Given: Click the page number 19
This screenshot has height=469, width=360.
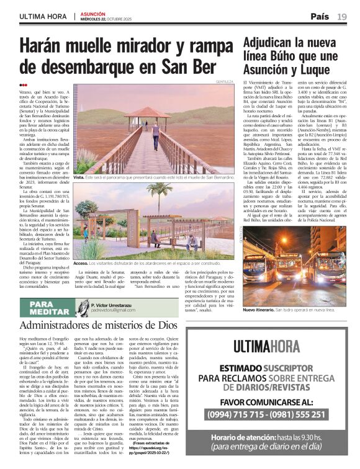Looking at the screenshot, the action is pos(342,16).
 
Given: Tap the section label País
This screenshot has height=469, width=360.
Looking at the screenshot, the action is pos(320,16).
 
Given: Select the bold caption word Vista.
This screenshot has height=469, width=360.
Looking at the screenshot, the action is pos(79,177).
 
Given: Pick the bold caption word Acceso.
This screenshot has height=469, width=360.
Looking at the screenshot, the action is pos(81,263).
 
